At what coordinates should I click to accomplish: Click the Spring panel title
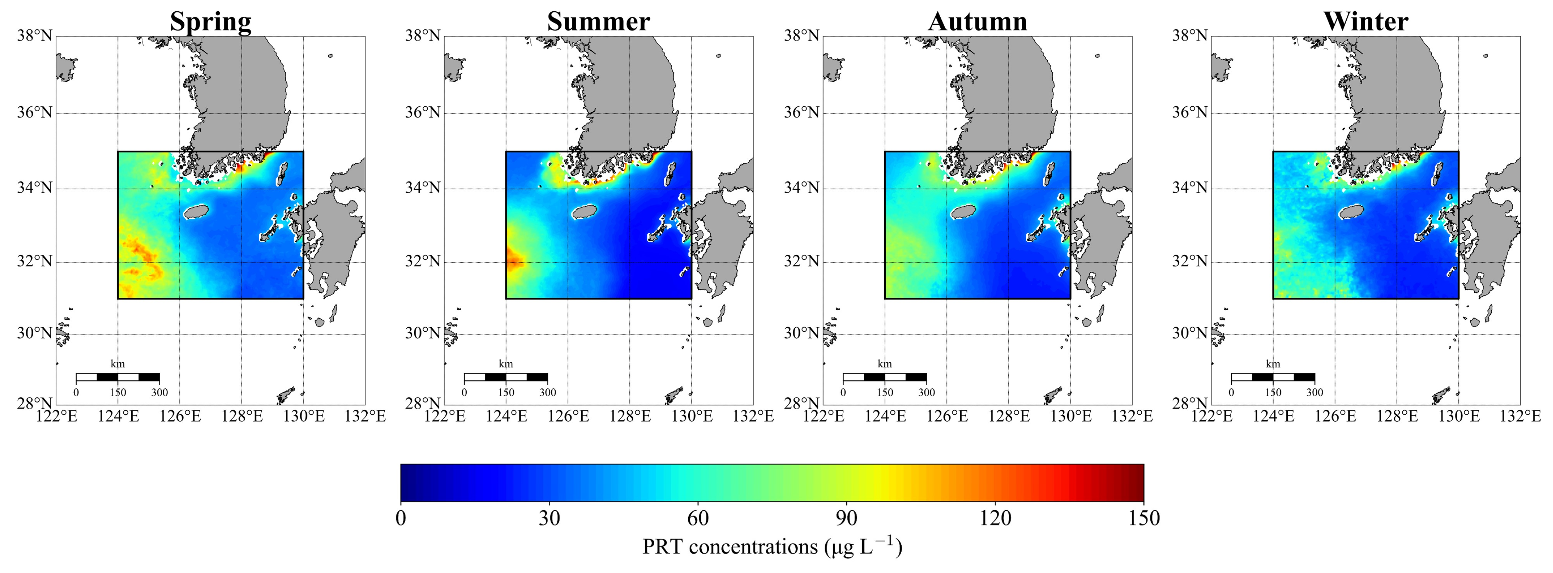[210, 22]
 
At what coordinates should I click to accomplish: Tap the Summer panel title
[598, 22]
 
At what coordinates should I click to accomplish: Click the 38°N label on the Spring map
[34, 35]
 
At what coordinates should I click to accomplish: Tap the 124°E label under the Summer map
[506, 416]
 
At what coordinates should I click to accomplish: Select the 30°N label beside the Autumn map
[801, 333]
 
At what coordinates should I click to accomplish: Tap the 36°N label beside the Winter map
[1190, 113]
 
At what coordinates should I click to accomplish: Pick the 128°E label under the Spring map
[242, 416]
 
